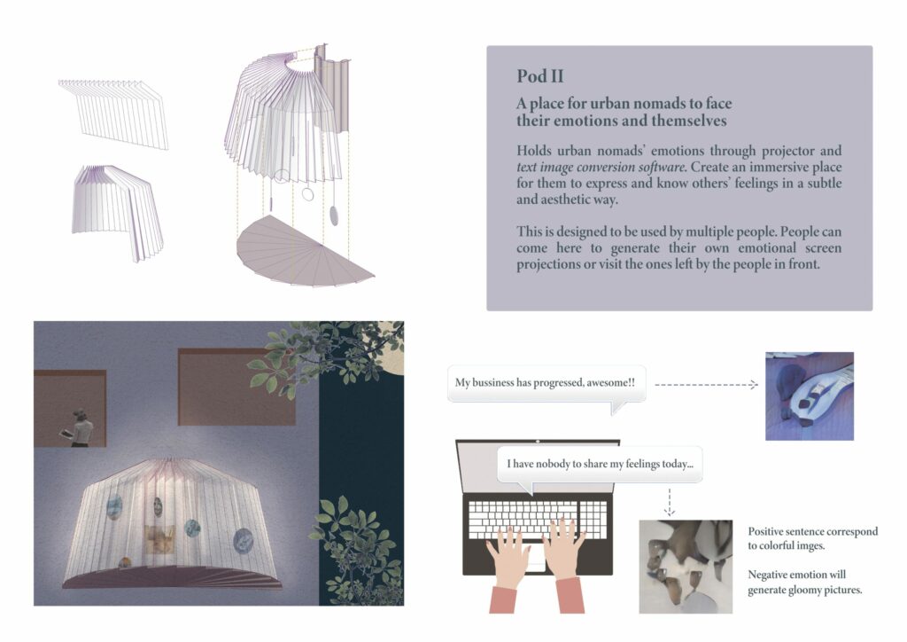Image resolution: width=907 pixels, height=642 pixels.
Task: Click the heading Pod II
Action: coord(539,76)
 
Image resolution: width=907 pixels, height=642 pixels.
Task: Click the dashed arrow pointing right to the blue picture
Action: coord(706,384)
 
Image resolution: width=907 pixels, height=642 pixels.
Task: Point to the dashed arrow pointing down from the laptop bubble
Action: coord(670,502)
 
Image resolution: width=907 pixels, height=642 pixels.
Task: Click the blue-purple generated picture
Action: coord(810,396)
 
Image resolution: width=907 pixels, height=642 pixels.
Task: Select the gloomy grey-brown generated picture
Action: coord(686,566)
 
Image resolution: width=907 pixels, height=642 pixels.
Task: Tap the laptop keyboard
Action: coord(538,520)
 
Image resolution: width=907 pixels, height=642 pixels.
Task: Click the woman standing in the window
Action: coord(81,427)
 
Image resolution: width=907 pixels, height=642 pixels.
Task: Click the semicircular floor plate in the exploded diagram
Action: coord(305,252)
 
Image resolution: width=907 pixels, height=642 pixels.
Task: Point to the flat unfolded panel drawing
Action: coord(113,114)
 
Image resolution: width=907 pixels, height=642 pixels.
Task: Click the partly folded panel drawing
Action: coord(118,213)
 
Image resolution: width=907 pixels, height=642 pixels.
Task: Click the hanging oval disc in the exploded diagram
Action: coord(335,215)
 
